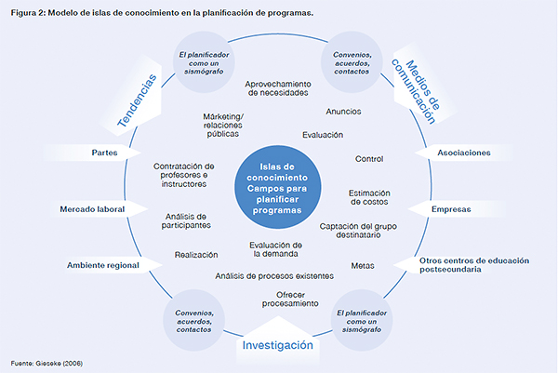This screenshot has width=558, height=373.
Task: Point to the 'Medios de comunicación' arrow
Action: pos(413,84)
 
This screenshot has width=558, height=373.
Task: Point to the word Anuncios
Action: pos(344,112)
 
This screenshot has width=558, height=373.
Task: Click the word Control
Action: pos(369,158)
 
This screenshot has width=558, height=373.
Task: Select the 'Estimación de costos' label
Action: pos(369,197)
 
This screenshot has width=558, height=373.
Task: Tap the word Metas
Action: pos(363,266)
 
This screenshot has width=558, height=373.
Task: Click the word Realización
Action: pos(196,254)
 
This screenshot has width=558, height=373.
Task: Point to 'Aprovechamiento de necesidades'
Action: pos(277,88)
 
